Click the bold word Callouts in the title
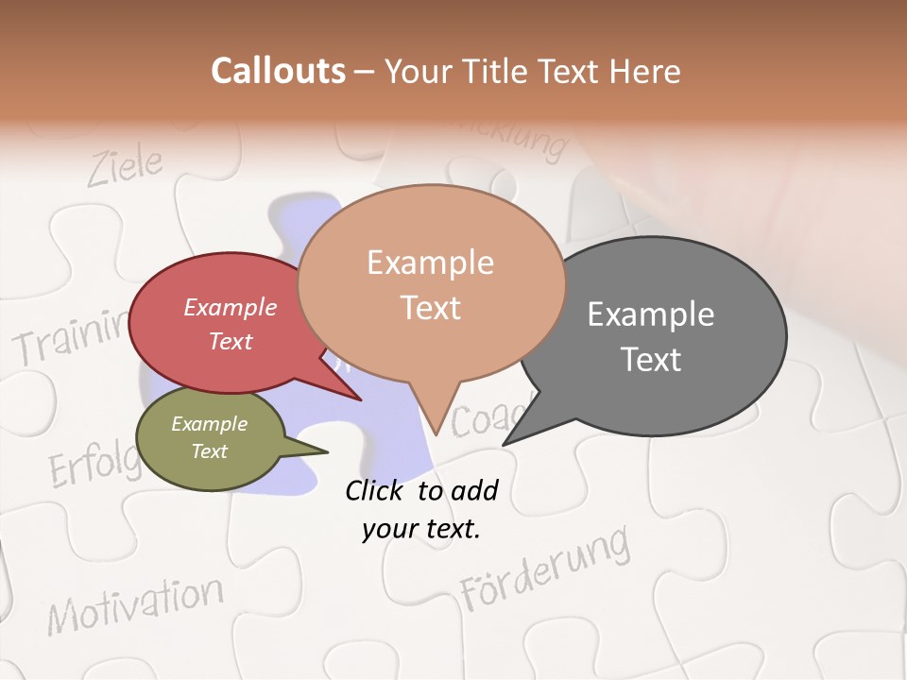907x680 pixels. point(279,71)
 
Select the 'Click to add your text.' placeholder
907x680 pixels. point(421,509)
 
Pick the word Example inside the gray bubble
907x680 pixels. point(651,314)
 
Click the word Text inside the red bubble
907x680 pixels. point(231,341)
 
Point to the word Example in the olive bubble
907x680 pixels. point(210,424)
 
